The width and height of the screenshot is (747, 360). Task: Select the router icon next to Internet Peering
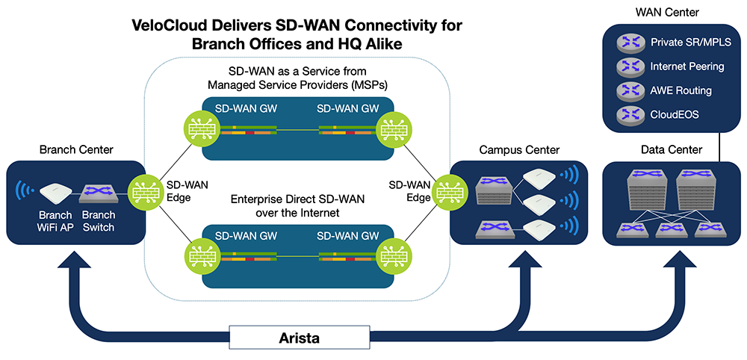tap(630, 66)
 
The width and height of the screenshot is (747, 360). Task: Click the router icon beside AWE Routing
tap(630, 91)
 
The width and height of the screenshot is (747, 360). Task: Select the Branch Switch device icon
tap(98, 193)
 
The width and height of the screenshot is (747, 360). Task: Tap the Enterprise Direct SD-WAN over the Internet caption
tap(296, 206)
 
